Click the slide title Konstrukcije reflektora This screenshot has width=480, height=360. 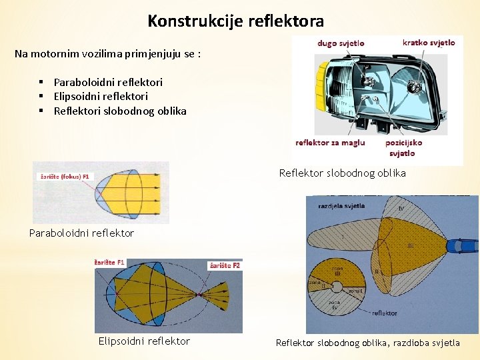pyautogui.click(x=235, y=21)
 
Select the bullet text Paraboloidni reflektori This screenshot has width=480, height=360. pyautogui.click(x=108, y=83)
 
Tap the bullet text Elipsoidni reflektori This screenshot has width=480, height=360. pyautogui.click(x=101, y=97)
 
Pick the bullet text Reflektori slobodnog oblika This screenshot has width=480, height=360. pyautogui.click(x=120, y=111)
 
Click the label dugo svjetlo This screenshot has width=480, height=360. pyautogui.click(x=341, y=43)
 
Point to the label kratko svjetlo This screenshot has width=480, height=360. pyautogui.click(x=429, y=43)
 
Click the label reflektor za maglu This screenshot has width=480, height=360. pyautogui.click(x=330, y=143)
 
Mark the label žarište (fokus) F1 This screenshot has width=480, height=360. pyautogui.click(x=65, y=177)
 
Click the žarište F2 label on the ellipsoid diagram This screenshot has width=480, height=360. pyautogui.click(x=225, y=265)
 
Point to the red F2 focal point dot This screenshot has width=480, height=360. pyautogui.click(x=199, y=294)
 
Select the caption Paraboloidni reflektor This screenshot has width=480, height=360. pyautogui.click(x=81, y=233)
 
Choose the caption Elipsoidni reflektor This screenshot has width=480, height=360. pyautogui.click(x=144, y=341)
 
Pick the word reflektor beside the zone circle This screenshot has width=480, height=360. pyautogui.click(x=385, y=313)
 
